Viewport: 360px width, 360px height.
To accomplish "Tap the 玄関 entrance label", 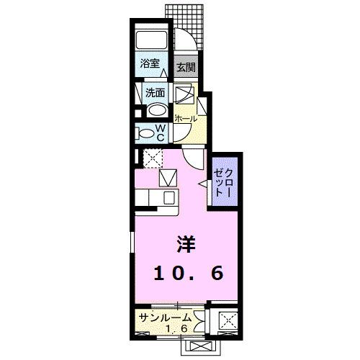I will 186,68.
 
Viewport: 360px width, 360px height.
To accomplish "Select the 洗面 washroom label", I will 155,93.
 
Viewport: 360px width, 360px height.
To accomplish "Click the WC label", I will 162,132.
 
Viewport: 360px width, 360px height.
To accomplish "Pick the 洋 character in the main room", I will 186,245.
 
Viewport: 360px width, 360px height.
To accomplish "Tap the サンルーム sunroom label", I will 165,318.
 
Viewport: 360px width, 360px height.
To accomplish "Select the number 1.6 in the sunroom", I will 179,329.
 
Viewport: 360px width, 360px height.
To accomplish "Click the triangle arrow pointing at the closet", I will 204,185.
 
